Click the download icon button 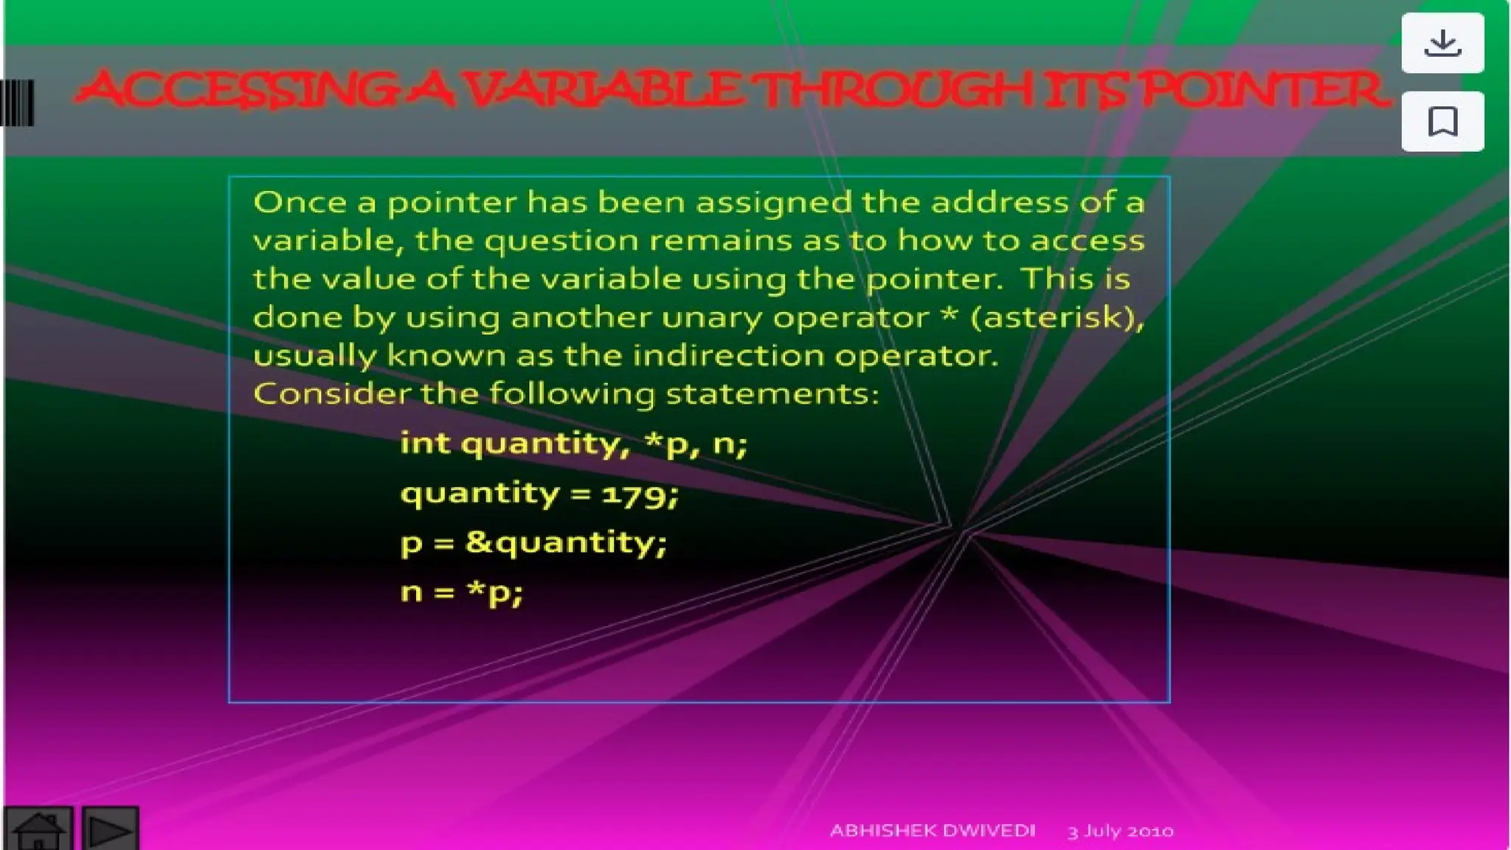pyautogui.click(x=1442, y=44)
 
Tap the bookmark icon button pyautogui.click(x=1442, y=122)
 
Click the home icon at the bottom pyautogui.click(x=38, y=829)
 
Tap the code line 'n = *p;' pyautogui.click(x=462, y=592)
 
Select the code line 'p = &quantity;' pyautogui.click(x=533, y=543)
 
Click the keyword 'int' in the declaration pyautogui.click(x=425, y=443)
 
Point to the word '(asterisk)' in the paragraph pyautogui.click(x=1057, y=318)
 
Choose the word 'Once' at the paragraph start pyautogui.click(x=300, y=203)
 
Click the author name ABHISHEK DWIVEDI pyautogui.click(x=933, y=831)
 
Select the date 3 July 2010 pyautogui.click(x=1120, y=832)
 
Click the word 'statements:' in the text pyautogui.click(x=772, y=393)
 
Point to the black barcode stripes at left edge pyautogui.click(x=17, y=103)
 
